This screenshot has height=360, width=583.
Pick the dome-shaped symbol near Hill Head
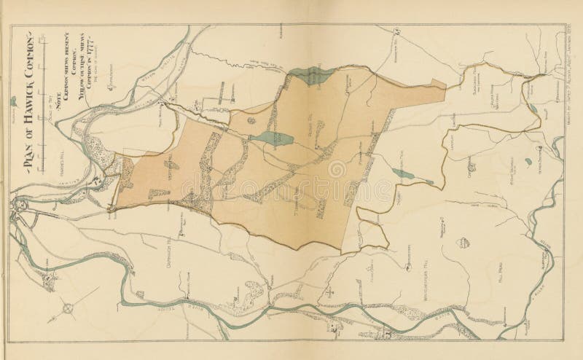(x=459, y=241)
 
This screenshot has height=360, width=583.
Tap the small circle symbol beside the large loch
(x=251, y=119)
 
